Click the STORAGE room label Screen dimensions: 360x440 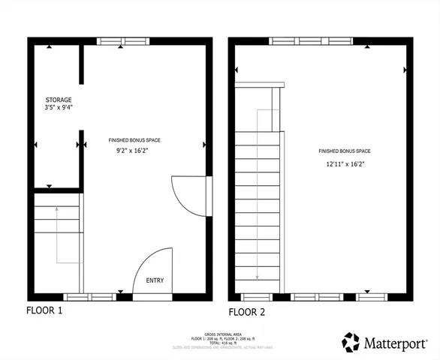[58, 100]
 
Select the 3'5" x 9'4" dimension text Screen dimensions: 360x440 [58, 109]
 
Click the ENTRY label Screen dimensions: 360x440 [155, 280]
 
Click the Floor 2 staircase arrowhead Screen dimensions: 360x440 [258, 277]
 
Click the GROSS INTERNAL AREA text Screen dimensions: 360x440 [219, 334]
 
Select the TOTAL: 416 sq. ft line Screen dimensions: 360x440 [219, 343]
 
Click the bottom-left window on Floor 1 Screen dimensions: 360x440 [89, 296]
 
